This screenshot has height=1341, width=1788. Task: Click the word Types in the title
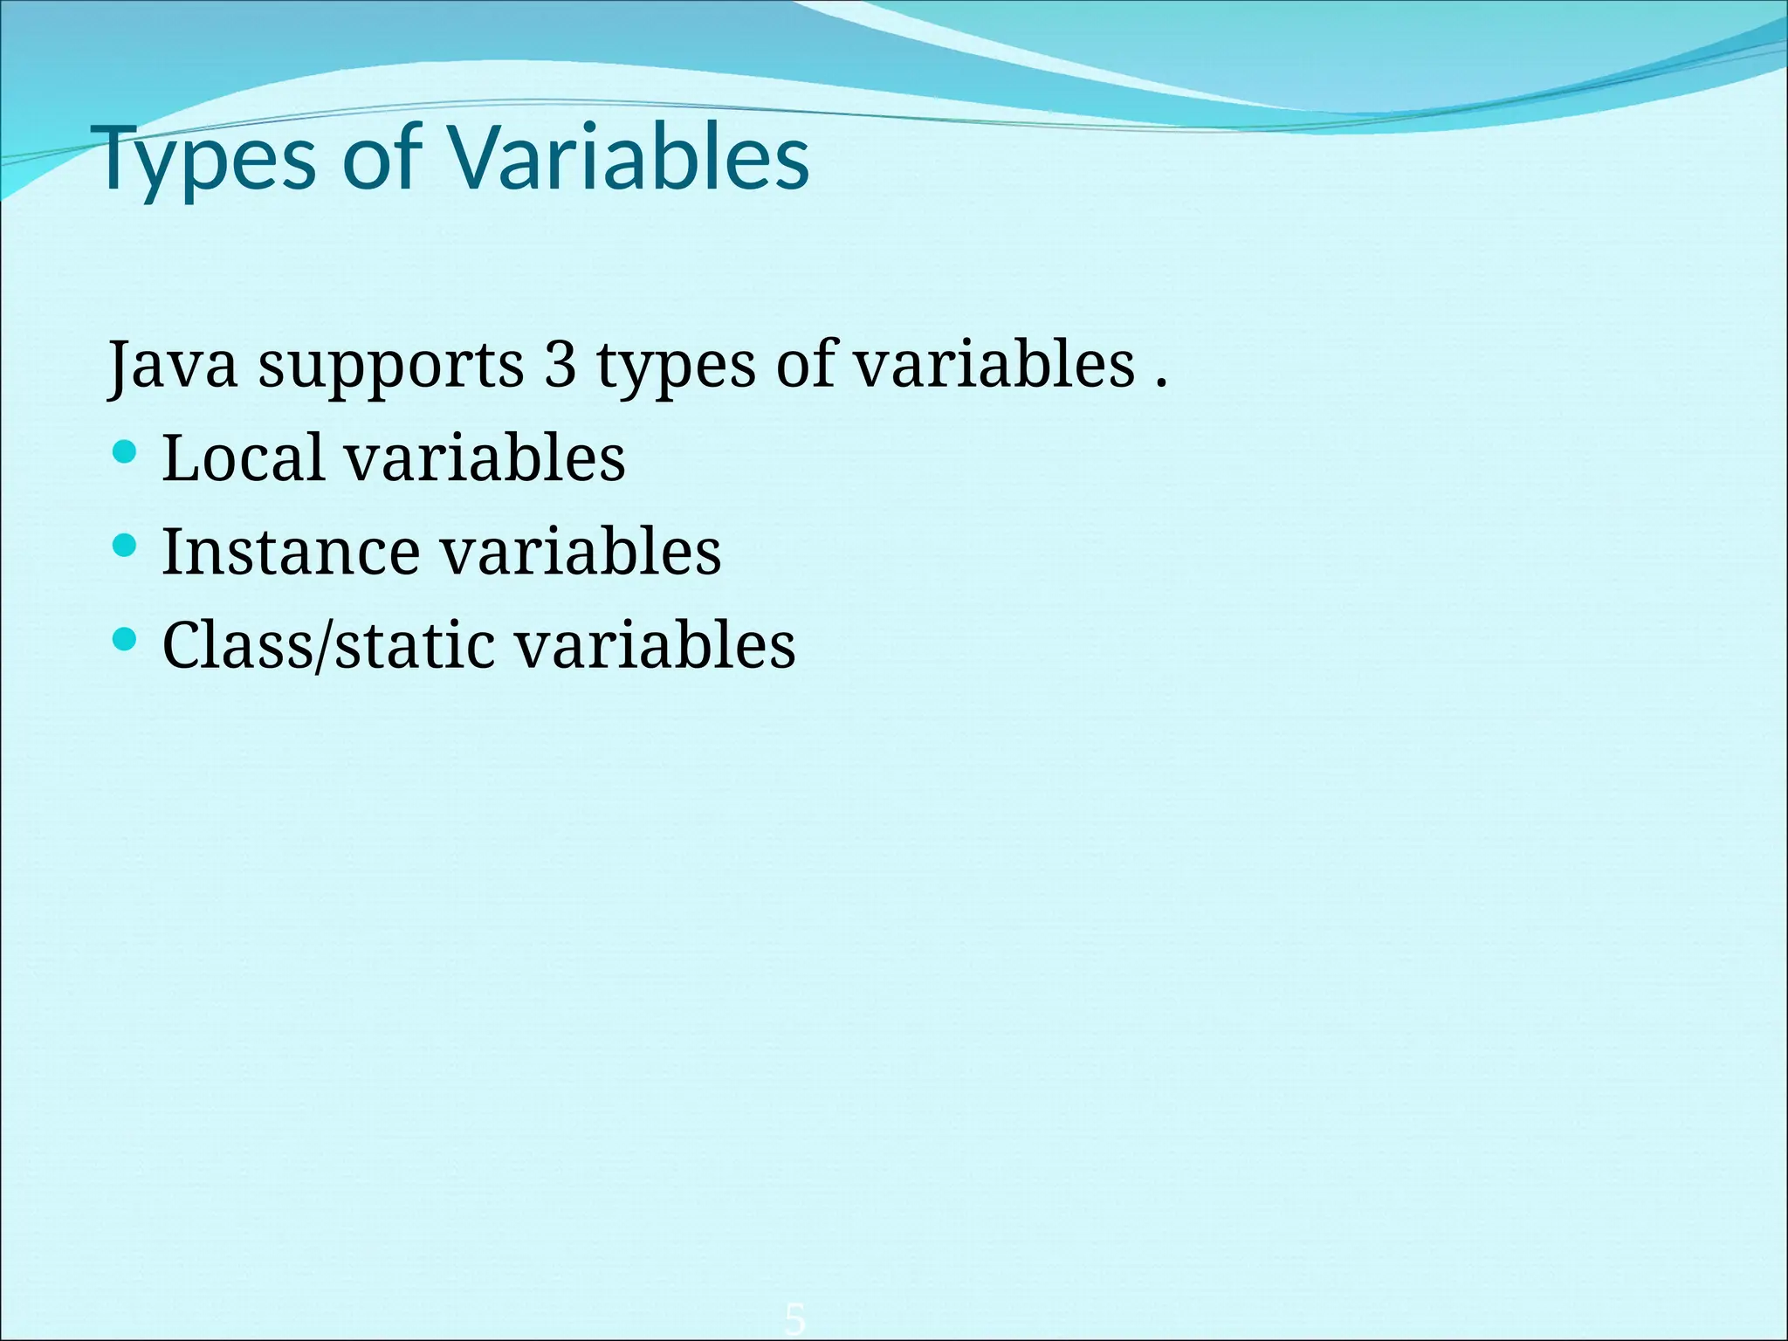tap(207, 160)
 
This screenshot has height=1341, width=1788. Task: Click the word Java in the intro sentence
tap(172, 365)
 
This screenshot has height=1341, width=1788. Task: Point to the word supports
tap(390, 367)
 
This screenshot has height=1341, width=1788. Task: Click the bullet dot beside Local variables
tap(126, 452)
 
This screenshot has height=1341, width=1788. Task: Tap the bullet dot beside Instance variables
tap(126, 547)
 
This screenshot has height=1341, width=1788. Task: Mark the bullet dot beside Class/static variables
tap(126, 640)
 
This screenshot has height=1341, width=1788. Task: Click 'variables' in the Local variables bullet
tap(485, 457)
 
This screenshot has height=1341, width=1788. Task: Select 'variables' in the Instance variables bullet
tap(581, 552)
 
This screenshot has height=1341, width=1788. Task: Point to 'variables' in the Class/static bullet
tap(655, 645)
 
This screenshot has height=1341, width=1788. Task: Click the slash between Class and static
tap(324, 647)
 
